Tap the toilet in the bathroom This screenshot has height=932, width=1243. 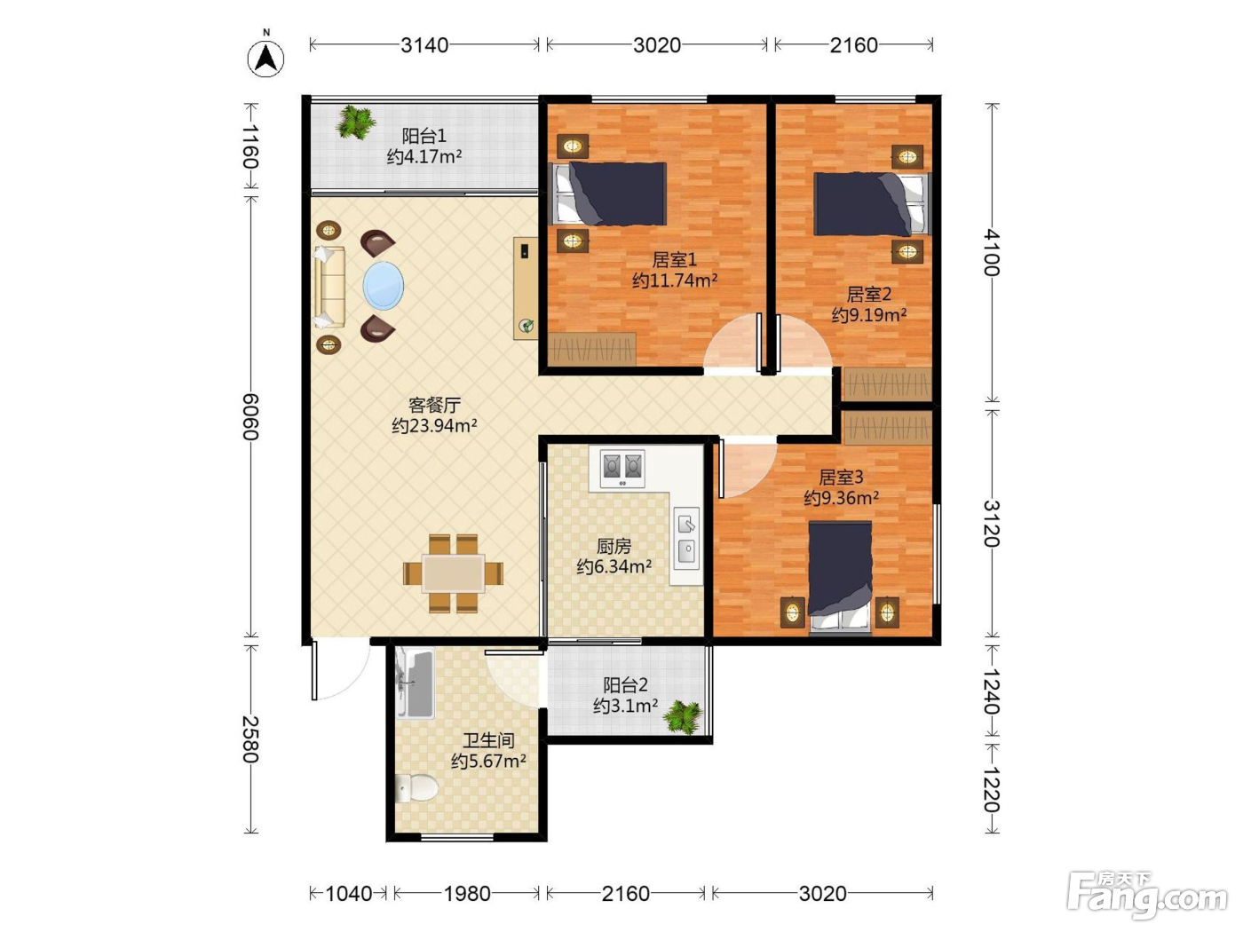tap(416, 787)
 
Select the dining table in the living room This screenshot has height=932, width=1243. tap(453, 573)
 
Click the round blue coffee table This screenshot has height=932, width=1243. tap(384, 286)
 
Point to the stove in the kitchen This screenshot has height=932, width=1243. tap(621, 468)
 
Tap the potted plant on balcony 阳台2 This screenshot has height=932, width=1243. tap(684, 717)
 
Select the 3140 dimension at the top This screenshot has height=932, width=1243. tap(424, 45)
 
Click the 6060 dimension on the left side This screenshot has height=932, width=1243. tap(249, 416)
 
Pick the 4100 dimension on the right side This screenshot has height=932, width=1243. tap(991, 252)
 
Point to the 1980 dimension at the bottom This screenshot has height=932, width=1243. tap(467, 894)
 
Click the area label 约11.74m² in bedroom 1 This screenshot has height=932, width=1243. tap(675, 280)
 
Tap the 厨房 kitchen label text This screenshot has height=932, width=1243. tap(614, 546)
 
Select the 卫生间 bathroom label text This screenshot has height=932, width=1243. tap(488, 740)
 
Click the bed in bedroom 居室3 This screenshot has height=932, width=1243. tap(840, 576)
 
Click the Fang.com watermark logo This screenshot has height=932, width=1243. tap(1147, 894)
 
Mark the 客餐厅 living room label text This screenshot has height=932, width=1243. tap(434, 405)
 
